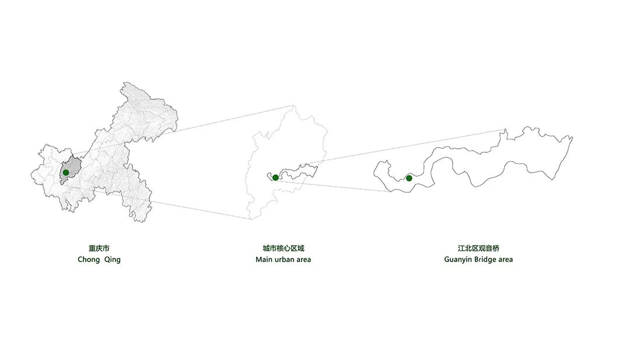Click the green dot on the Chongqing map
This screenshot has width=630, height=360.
coord(66,173)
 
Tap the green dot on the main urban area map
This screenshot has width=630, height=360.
coord(275,177)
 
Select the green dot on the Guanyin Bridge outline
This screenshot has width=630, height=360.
coord(409,178)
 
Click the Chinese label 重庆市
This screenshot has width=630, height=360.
coord(99,248)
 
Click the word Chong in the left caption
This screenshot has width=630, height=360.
coord(89,260)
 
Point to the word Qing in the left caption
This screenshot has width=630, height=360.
coord(113,260)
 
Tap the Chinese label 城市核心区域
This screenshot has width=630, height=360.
coord(283,248)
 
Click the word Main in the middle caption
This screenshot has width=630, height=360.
coord(264,260)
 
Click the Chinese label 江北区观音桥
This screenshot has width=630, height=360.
coord(478,248)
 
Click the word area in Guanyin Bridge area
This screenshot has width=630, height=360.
coord(505,260)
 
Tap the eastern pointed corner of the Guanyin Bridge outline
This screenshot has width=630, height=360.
coord(572,138)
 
